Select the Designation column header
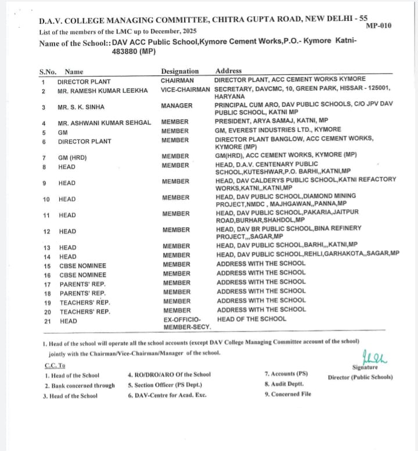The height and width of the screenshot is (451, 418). [180, 71]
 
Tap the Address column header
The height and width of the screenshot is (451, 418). [228, 71]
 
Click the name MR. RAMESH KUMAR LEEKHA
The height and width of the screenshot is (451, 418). [103, 91]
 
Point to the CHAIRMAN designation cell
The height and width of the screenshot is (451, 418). [177, 80]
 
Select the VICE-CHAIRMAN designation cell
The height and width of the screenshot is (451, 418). [185, 89]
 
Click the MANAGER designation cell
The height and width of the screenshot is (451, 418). [176, 106]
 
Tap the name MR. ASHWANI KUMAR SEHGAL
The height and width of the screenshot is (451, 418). [105, 123]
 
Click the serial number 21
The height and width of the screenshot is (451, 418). [48, 321]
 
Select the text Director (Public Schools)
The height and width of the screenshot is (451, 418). [360, 377]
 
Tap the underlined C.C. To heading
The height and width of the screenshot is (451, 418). [55, 365]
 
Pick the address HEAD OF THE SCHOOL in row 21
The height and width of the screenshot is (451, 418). [251, 319]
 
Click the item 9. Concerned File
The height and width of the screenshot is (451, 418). [287, 394]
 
